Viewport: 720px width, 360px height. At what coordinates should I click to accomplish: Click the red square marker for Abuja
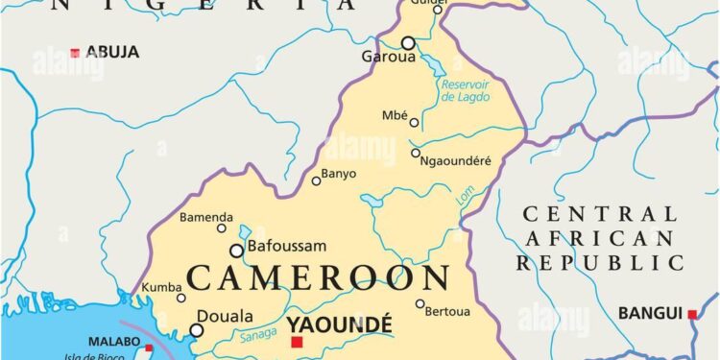pos(75,52)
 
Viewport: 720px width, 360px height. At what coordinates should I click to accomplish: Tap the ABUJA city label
pos(112,51)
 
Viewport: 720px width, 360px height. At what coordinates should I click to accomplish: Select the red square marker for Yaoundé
pos(297,342)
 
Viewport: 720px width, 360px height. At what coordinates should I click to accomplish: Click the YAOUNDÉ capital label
pos(339,324)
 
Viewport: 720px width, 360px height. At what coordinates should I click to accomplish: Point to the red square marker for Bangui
pos(692,314)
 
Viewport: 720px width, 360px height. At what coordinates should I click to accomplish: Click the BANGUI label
pos(650,313)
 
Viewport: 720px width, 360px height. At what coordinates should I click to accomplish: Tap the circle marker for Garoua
pos(408,43)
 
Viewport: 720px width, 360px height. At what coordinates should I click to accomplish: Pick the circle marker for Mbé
pos(415,122)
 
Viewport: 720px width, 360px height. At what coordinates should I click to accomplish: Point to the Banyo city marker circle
pos(317,180)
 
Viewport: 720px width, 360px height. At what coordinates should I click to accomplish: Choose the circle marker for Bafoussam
pos(236,251)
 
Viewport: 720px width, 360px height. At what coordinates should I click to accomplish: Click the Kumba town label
pos(160,287)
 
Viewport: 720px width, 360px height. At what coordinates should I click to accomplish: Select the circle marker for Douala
pos(197,330)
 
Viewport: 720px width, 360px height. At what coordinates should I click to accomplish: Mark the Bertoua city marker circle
pos(420,304)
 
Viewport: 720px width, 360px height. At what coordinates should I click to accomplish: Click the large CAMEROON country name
pos(318,277)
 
